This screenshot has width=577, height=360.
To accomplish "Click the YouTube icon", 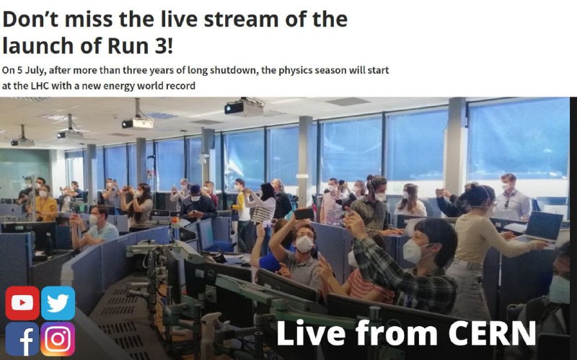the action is (22, 303).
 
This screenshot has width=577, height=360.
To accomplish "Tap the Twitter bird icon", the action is (58, 303).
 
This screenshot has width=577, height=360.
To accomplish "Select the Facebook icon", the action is (22, 339).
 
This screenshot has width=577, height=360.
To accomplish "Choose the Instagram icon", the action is (58, 339).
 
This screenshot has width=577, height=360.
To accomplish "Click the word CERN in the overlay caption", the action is (492, 333).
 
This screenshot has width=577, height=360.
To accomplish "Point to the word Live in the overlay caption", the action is (311, 333).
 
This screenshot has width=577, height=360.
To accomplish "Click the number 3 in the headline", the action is (161, 46).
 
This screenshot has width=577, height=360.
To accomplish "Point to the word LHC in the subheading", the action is (40, 86).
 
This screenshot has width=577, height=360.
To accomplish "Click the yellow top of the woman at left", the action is (45, 209).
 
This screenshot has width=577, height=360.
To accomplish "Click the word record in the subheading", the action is (181, 86).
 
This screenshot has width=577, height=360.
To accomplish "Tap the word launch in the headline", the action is (38, 46).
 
